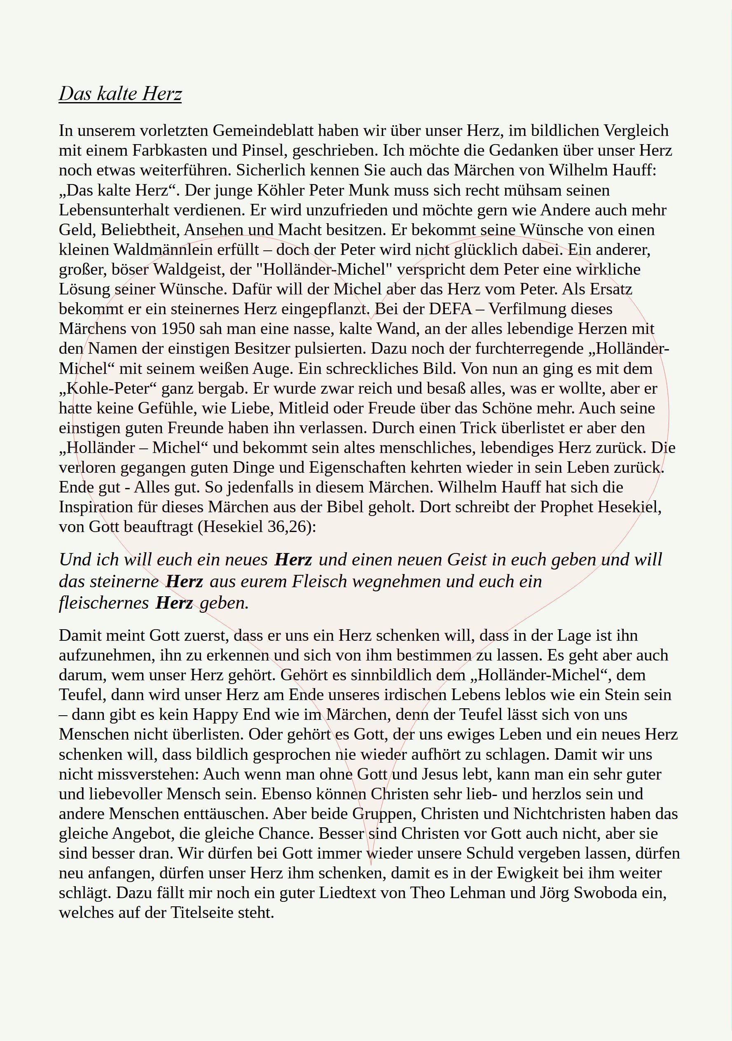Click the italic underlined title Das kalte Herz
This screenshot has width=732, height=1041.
tap(120, 94)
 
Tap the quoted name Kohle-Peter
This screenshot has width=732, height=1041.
tap(111, 389)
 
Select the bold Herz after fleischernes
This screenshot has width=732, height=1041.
tap(175, 603)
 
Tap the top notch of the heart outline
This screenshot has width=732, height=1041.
tap(371, 319)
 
